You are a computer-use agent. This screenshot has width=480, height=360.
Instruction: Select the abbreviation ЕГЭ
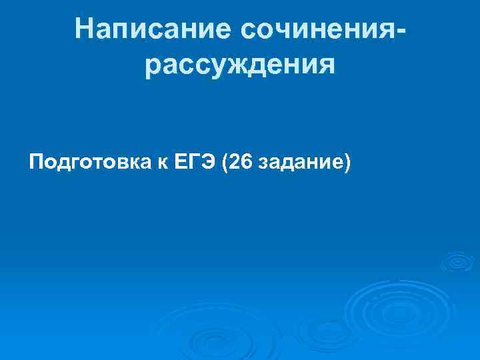click(197, 162)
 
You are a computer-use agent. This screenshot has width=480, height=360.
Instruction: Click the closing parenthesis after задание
click(346, 163)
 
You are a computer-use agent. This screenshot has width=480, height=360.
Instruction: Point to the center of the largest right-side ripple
click(385, 310)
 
